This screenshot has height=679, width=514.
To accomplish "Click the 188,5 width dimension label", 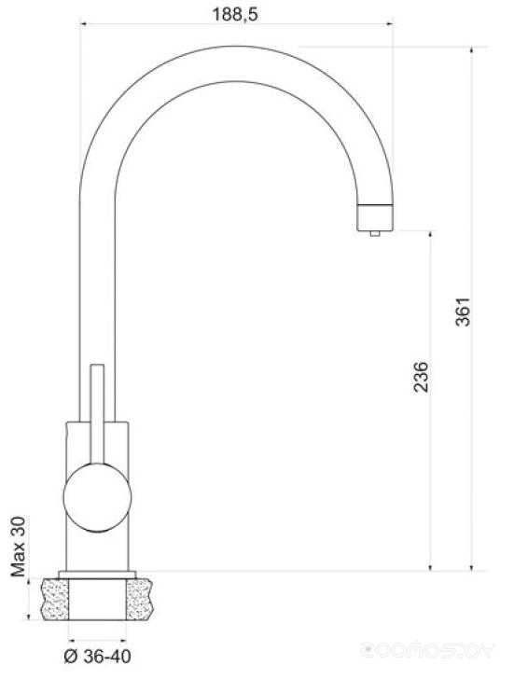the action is (235, 14).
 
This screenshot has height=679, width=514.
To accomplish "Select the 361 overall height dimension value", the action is (463, 312).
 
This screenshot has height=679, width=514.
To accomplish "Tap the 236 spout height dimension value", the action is (421, 377).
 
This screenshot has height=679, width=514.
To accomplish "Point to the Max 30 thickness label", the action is (18, 547).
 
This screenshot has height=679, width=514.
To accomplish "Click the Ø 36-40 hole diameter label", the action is (97, 657).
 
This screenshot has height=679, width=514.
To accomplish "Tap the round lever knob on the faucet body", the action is (97, 497).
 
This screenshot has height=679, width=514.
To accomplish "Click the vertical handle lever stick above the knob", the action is (97, 414).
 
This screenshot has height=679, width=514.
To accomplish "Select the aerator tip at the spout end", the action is (375, 217).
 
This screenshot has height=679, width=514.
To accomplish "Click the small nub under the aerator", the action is (375, 234).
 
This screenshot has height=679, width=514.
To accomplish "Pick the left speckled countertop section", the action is (55, 600).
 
